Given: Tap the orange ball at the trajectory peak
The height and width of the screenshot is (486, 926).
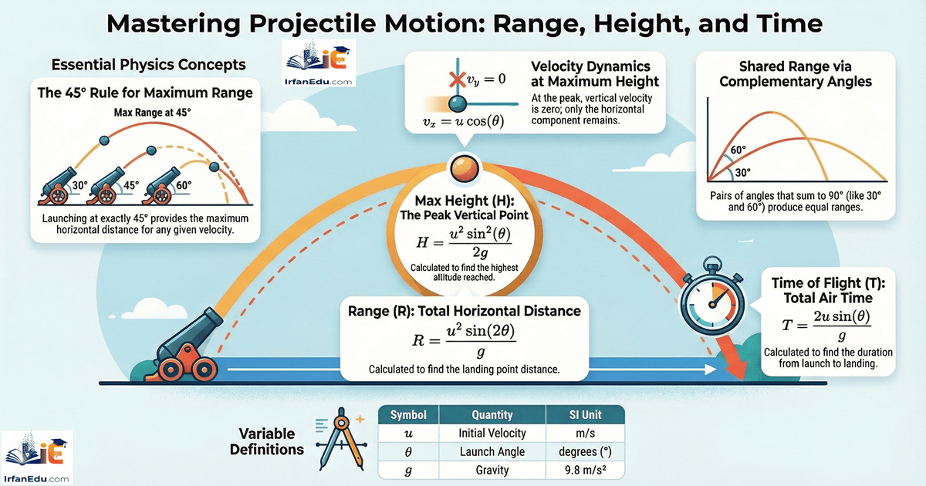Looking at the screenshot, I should coord(465,169).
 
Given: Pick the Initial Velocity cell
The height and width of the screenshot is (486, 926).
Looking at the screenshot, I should coord(492,434).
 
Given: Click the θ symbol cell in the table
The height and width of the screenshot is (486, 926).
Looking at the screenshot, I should coord(409,452).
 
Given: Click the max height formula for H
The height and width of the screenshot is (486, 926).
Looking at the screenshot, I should coord(463,242).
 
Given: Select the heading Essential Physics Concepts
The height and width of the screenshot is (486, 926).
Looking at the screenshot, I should coord(148,63).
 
